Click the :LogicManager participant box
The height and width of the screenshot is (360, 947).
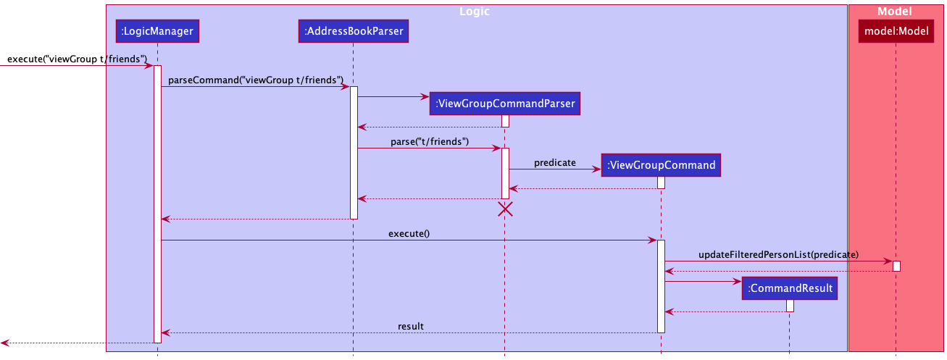pyautogui.click(x=157, y=31)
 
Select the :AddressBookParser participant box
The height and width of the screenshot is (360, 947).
pyautogui.click(x=354, y=31)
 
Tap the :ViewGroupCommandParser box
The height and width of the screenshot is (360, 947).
pyautogui.click(x=505, y=104)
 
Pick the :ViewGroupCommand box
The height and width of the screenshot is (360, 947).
pyautogui.click(x=661, y=165)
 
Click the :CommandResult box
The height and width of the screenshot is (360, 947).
pyautogui.click(x=790, y=288)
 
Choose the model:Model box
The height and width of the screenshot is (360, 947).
pyautogui.click(x=896, y=31)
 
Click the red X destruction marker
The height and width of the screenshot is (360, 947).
pyautogui.click(x=505, y=209)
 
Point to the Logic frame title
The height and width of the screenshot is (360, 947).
pyautogui.click(x=475, y=12)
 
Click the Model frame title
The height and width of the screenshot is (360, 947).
pyautogui.click(x=895, y=12)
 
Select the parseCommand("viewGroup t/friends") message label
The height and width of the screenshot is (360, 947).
pyautogui.click(x=256, y=80)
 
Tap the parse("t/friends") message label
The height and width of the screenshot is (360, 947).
pyautogui.click(x=430, y=141)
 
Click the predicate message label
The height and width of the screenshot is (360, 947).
pyautogui.click(x=555, y=163)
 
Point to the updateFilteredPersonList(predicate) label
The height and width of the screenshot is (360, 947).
pyautogui.click(x=778, y=255)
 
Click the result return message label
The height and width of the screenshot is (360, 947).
pyautogui.click(x=411, y=326)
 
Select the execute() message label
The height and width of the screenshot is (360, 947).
pyautogui.click(x=409, y=234)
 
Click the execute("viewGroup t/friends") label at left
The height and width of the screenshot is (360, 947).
pyautogui.click(x=77, y=59)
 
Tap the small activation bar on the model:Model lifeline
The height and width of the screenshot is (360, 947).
pyautogui.click(x=896, y=267)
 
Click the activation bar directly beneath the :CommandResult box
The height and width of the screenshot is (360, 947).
pyautogui.click(x=790, y=306)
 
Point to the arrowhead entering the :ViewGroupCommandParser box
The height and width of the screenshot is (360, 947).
pyautogui.click(x=425, y=97)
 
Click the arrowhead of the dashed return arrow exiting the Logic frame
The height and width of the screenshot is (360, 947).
pyautogui.click(x=4, y=343)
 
